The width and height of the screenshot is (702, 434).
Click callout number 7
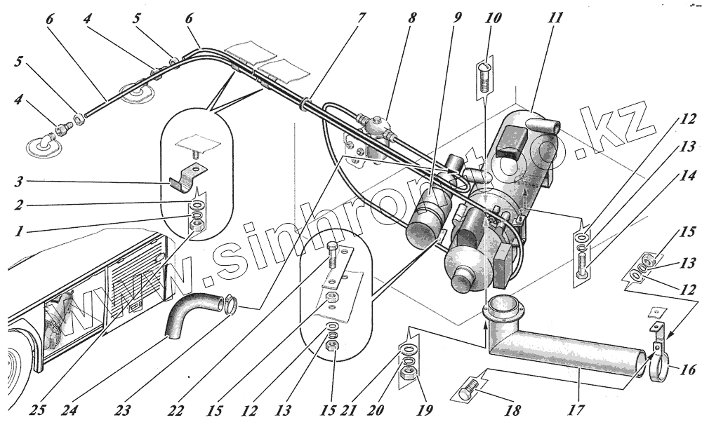(x=361, y=15)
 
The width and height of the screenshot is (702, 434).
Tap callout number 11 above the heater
(x=555, y=15)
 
